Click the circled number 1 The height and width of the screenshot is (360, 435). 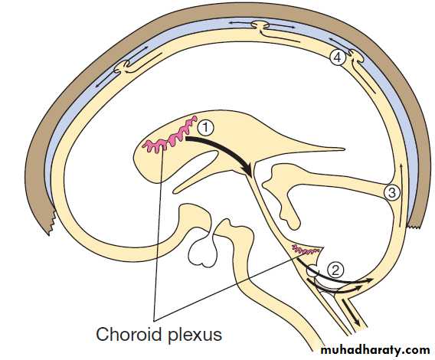click(205, 128)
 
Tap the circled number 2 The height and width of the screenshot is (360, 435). click(335, 270)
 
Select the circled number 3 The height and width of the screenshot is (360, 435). click(392, 192)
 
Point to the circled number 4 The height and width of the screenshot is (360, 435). click(338, 57)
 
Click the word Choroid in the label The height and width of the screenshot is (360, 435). click(129, 334)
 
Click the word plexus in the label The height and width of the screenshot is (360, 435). click(195, 335)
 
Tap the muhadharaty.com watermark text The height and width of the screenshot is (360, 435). click(375, 350)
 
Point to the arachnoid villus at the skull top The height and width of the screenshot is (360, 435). click(260, 26)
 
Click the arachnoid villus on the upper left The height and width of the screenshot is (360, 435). click(123, 67)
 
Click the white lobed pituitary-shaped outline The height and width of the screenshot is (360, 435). click(203, 252)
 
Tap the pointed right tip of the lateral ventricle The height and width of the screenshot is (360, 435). click(344, 149)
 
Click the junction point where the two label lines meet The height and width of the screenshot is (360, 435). click(154, 321)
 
